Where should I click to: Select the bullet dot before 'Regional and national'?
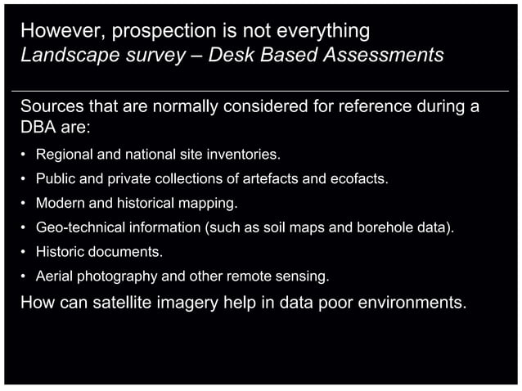[x=25, y=154]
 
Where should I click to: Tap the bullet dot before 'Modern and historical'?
[x=25, y=203]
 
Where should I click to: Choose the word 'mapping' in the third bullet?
[x=211, y=203]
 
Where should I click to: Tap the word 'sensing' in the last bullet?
[x=304, y=276]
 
